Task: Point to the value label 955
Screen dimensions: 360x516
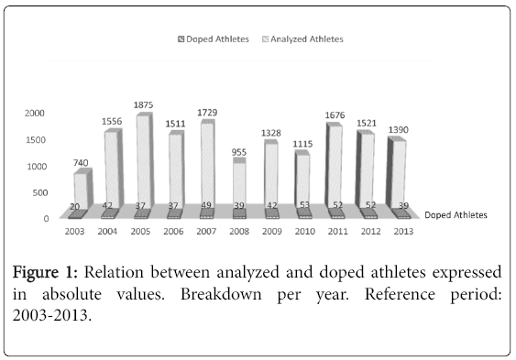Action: pyautogui.click(x=240, y=151)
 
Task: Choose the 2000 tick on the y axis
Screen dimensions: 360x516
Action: pyautogui.click(x=34, y=114)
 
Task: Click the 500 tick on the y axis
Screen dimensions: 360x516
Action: pyautogui.click(x=38, y=192)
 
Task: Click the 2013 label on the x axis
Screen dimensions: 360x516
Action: pyautogui.click(x=400, y=231)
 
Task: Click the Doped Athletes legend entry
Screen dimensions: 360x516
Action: pyautogui.click(x=211, y=39)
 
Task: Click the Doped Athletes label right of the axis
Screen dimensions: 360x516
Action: pyautogui.click(x=456, y=214)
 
